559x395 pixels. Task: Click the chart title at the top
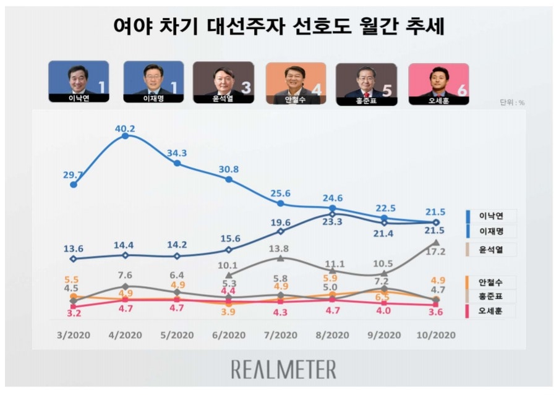click(279, 27)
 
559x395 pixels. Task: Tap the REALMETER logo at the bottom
click(284, 370)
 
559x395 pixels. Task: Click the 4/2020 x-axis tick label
click(125, 335)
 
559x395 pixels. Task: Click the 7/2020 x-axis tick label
click(280, 335)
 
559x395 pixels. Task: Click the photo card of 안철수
click(296, 83)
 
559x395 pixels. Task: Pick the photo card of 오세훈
click(438, 83)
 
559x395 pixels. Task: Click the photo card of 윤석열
click(223, 83)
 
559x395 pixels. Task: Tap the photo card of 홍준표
click(367, 83)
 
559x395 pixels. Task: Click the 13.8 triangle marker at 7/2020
click(281, 258)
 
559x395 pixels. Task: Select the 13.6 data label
click(74, 248)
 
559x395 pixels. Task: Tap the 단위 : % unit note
click(512, 103)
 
